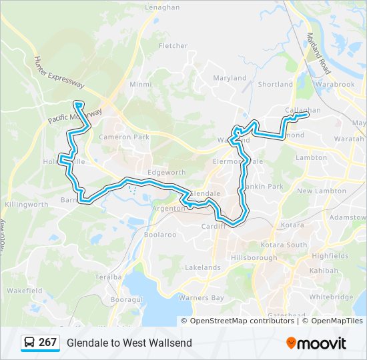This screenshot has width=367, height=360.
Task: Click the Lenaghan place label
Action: click(162, 7)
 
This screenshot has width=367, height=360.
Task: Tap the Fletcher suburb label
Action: click(173, 46)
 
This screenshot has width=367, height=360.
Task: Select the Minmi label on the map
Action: click(141, 85)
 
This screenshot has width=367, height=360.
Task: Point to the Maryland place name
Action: click(230, 78)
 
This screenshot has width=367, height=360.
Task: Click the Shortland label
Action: click(275, 85)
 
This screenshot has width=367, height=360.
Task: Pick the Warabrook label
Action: click(336, 85)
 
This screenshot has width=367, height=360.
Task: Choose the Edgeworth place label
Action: click(167, 172)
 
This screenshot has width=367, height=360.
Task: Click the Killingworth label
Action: click(26, 204)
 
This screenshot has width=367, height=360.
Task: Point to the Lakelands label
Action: click(202, 267)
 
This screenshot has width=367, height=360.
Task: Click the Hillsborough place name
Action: click(253, 257)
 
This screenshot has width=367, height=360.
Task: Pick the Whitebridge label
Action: click(331, 297)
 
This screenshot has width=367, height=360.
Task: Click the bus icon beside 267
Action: click(29, 343)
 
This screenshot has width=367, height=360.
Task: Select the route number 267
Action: click(47, 343)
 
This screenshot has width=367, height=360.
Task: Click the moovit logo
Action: click(316, 343)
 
